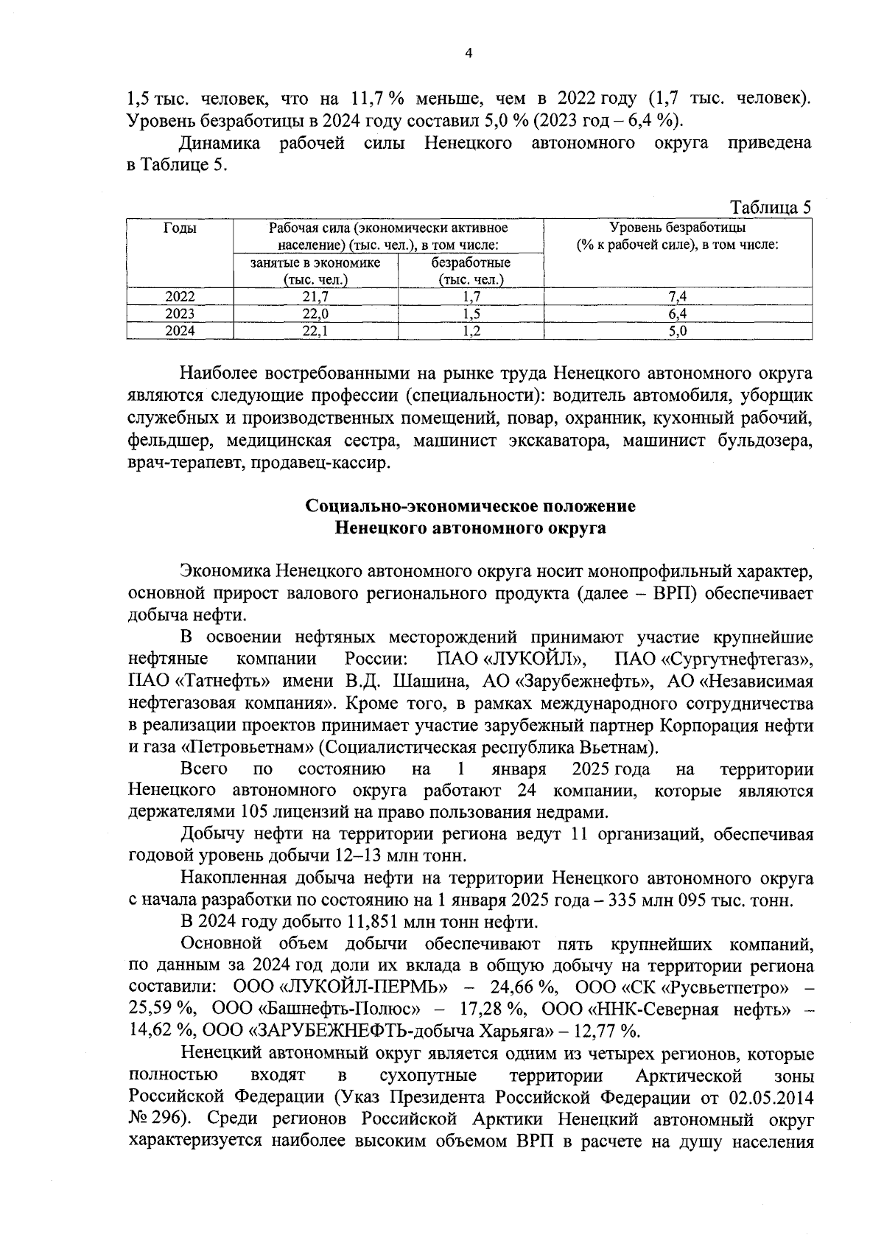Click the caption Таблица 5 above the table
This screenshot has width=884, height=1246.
(x=771, y=207)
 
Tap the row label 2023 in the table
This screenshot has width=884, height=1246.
(x=180, y=314)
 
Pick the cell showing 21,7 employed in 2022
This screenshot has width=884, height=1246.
(x=315, y=297)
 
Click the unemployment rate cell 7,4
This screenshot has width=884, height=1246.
(x=677, y=297)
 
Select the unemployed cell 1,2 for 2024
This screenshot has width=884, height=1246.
(x=470, y=332)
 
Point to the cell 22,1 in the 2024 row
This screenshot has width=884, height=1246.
(x=315, y=332)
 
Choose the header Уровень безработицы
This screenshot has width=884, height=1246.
(x=677, y=228)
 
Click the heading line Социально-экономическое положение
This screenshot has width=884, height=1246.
(x=470, y=507)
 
